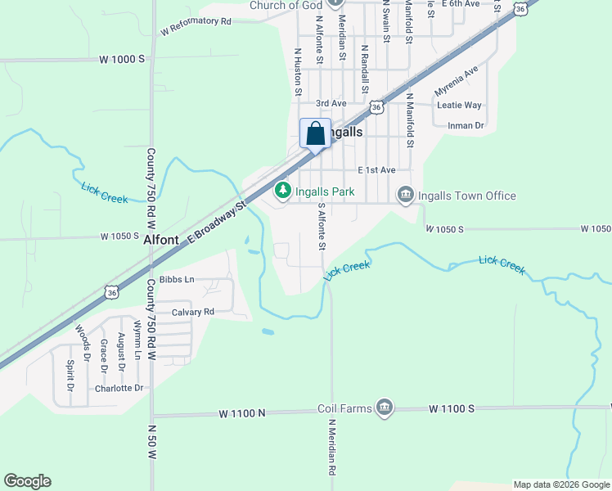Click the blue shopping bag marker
pos(315,133)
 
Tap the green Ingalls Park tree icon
pos(282,191)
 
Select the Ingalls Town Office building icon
pos(405,195)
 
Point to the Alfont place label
pos(161,241)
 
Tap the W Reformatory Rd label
pos(196,26)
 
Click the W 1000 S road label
pos(122,60)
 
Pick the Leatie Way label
pos(459,106)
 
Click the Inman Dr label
pos(466,126)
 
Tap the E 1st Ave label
pos(376,170)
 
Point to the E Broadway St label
pos(217,221)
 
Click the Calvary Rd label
pos(192,312)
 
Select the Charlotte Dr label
pos(119,388)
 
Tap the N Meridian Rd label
pos(333,448)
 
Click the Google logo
pos(27,481)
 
